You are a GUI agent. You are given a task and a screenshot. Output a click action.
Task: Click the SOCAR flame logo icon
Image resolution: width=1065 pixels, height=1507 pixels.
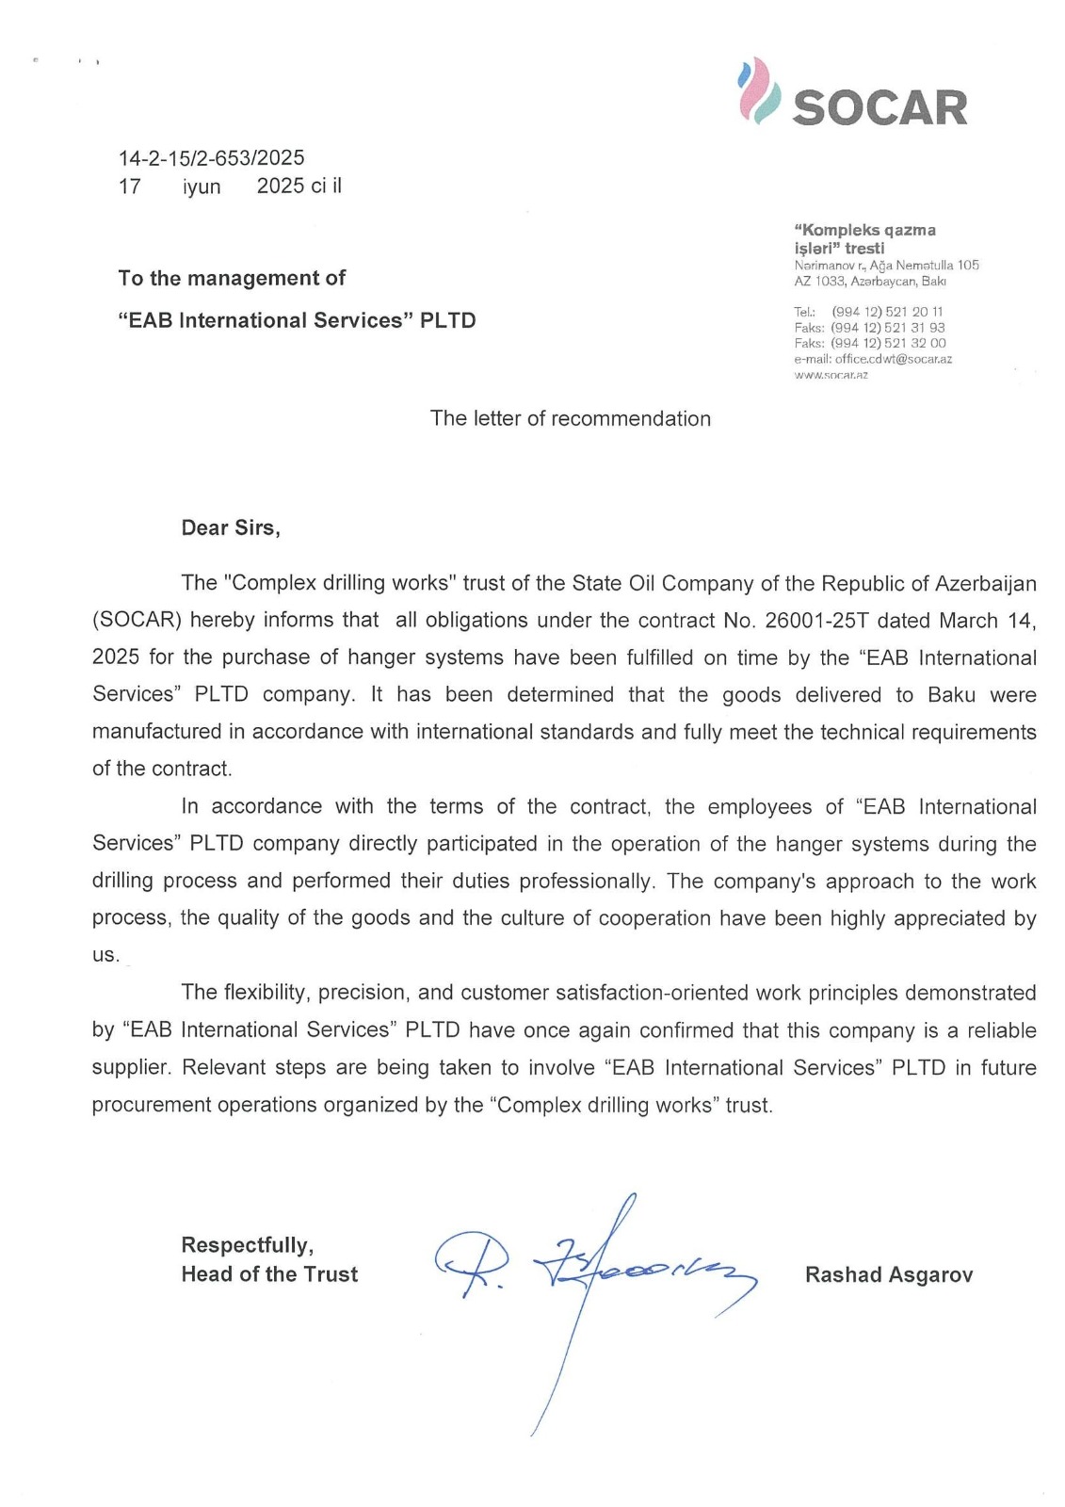[759, 91]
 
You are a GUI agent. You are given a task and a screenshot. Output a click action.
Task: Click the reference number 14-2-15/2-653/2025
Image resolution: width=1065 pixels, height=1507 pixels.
[211, 158]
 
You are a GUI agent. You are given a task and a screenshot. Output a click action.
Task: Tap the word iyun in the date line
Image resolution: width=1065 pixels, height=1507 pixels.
[202, 186]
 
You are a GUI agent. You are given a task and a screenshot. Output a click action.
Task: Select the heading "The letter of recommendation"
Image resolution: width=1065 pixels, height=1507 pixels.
[570, 418]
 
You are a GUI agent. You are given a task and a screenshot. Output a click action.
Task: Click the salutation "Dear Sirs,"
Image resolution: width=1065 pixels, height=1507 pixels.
[231, 527]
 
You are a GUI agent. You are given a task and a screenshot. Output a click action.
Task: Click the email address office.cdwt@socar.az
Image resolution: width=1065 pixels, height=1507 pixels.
[893, 359]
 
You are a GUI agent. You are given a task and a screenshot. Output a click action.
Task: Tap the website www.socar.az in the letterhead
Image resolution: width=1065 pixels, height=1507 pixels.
[831, 374]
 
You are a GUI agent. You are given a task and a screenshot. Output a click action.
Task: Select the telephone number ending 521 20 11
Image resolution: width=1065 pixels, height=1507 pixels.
[887, 312]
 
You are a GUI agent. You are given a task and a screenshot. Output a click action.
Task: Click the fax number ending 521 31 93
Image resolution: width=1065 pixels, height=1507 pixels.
[887, 328]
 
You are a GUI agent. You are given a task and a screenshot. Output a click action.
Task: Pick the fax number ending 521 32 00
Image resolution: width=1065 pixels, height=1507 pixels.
[887, 343]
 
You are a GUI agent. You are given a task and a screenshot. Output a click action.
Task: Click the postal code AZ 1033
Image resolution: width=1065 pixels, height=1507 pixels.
[820, 281]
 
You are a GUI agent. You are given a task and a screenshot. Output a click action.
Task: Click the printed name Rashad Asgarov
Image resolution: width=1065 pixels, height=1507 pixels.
[888, 1274]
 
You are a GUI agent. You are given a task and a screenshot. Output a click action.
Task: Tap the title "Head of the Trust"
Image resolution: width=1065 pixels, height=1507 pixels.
[269, 1274]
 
